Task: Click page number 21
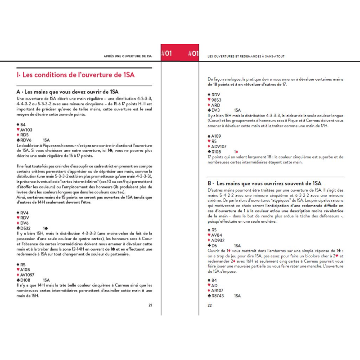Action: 150,305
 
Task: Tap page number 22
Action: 210,305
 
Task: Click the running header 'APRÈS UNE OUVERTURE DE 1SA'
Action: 127,56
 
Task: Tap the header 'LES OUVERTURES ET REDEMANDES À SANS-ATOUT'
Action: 246,56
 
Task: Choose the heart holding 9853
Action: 215,99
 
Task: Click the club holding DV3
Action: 214,110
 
